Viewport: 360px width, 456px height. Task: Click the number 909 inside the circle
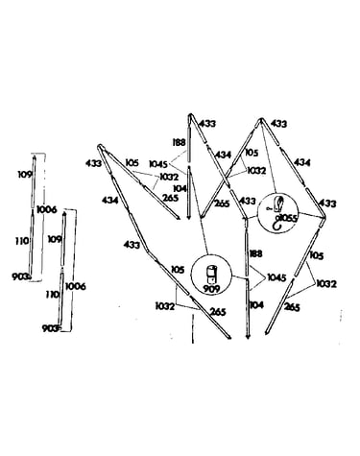pyautogui.click(x=211, y=289)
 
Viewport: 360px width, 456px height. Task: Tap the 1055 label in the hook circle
pyautogui.click(x=288, y=218)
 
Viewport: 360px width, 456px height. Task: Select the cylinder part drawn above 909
pyautogui.click(x=211, y=274)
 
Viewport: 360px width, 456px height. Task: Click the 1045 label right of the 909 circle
pyautogui.click(x=276, y=277)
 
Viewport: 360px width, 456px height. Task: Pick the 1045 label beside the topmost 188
pyautogui.click(x=158, y=164)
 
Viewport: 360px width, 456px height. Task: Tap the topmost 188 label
pyautogui.click(x=180, y=142)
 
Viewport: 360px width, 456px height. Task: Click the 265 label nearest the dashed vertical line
pyautogui.click(x=218, y=311)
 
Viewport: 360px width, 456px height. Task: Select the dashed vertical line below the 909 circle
pyautogui.click(x=193, y=329)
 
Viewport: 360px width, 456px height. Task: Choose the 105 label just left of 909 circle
pyautogui.click(x=178, y=270)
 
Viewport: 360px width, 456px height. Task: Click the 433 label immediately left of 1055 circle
pyautogui.click(x=248, y=201)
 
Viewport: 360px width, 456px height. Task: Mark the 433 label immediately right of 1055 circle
pyautogui.click(x=328, y=204)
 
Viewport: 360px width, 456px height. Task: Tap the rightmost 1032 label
pyautogui.click(x=326, y=284)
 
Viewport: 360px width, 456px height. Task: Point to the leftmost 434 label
pyautogui.click(x=110, y=201)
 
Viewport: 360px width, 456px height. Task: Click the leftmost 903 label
pyautogui.click(x=20, y=276)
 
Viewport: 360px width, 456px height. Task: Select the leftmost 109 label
pyautogui.click(x=25, y=175)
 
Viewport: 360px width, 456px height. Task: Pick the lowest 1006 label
pyautogui.click(x=76, y=286)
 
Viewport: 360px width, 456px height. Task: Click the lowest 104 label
pyautogui.click(x=256, y=305)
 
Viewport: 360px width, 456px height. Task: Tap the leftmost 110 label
pyautogui.click(x=22, y=241)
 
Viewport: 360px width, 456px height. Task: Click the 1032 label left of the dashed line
pyautogui.click(x=165, y=306)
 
